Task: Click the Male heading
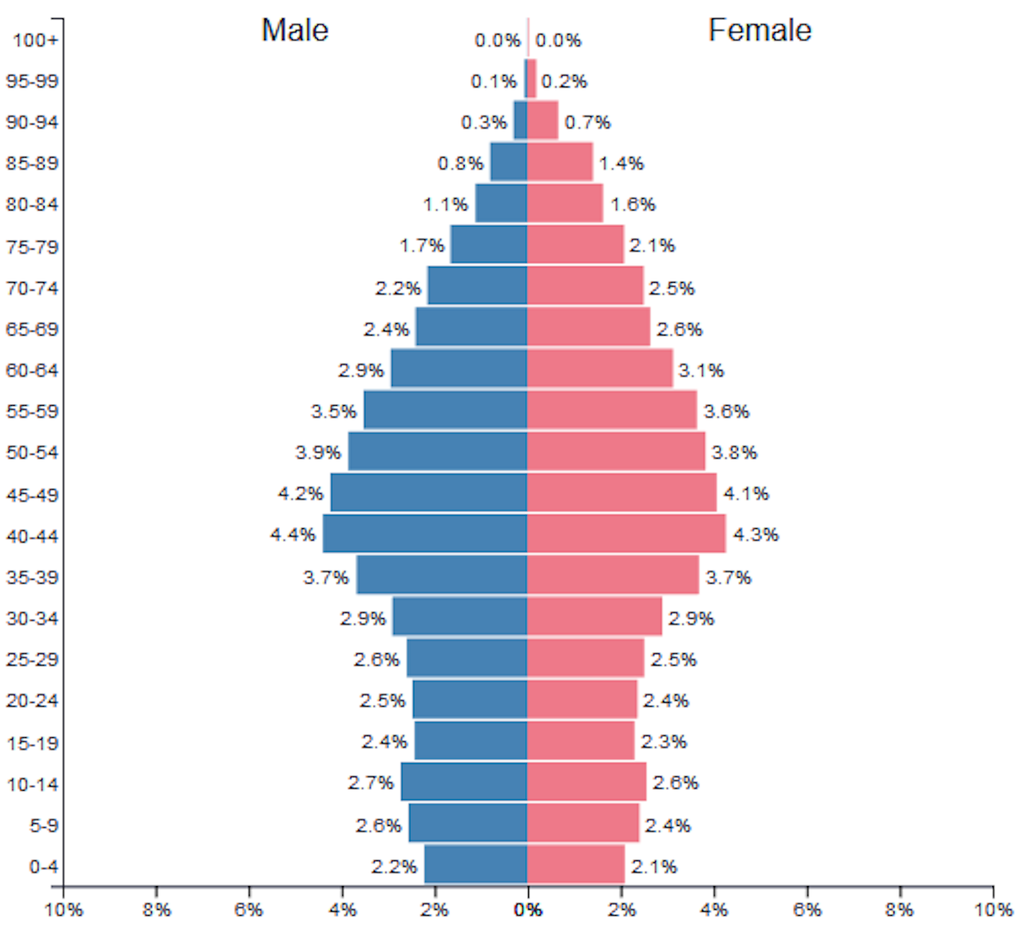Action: coord(295,30)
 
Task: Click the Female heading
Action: coord(760,30)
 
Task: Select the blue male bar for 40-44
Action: coord(425,534)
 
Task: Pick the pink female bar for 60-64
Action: coord(600,369)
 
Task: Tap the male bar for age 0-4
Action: coord(476,864)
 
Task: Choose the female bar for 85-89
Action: coord(560,162)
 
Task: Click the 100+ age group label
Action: coord(36,40)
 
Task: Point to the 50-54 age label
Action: coord(32,452)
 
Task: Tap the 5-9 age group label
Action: coord(44,825)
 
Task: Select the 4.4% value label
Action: coord(293,535)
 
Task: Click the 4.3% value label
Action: coord(756,535)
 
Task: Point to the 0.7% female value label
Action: coord(587,122)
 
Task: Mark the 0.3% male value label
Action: coord(484,122)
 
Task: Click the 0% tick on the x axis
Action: coord(528,910)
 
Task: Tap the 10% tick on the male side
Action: coord(64,910)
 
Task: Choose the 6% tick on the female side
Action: coord(807,910)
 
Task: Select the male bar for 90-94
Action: coord(520,120)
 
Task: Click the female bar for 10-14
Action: coord(586,782)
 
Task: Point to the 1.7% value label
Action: coord(421,246)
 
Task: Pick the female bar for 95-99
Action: coord(532,79)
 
